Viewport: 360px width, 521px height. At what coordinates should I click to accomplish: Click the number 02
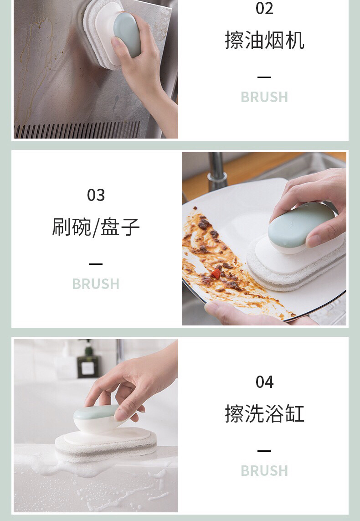(x=264, y=8)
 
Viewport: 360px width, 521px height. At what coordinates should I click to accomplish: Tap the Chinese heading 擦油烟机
(x=264, y=40)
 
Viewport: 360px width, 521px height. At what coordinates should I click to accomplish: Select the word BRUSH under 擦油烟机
(x=264, y=97)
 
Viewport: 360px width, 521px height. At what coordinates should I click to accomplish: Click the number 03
(x=96, y=195)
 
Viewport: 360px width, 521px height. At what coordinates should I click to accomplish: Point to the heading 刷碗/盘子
(x=96, y=227)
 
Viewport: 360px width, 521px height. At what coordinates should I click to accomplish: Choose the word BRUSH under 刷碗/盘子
(x=96, y=284)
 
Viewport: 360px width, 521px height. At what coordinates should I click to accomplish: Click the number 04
(x=264, y=382)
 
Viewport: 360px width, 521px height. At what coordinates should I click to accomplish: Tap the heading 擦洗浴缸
(x=264, y=414)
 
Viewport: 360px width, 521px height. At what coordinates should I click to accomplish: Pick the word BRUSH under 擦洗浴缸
(x=264, y=471)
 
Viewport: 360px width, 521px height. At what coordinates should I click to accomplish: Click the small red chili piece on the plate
(x=216, y=273)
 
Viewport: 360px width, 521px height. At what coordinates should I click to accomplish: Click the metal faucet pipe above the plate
(x=216, y=170)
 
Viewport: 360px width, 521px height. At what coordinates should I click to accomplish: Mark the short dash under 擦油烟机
(x=264, y=77)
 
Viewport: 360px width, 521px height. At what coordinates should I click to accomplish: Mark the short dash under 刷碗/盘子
(x=96, y=264)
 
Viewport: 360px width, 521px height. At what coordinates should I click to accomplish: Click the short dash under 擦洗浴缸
(x=264, y=451)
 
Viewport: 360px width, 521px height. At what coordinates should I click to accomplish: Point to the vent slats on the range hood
(x=77, y=130)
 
